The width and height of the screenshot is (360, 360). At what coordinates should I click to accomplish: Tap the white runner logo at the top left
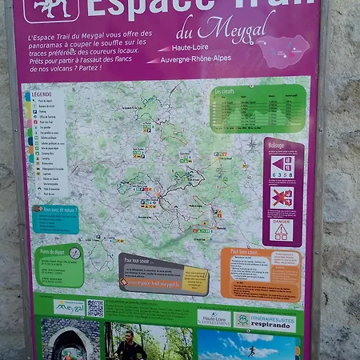tap(51, 7)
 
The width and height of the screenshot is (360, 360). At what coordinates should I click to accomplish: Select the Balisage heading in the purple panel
tap(276, 146)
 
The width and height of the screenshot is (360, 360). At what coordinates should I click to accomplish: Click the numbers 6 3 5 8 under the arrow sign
tap(282, 173)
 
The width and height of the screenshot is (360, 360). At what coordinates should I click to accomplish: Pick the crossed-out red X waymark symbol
tap(282, 197)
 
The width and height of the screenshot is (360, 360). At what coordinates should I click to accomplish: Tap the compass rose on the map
tap(253, 145)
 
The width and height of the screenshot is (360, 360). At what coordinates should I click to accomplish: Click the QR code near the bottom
tap(95, 308)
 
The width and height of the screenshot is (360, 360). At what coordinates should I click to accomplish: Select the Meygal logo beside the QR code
tap(70, 307)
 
